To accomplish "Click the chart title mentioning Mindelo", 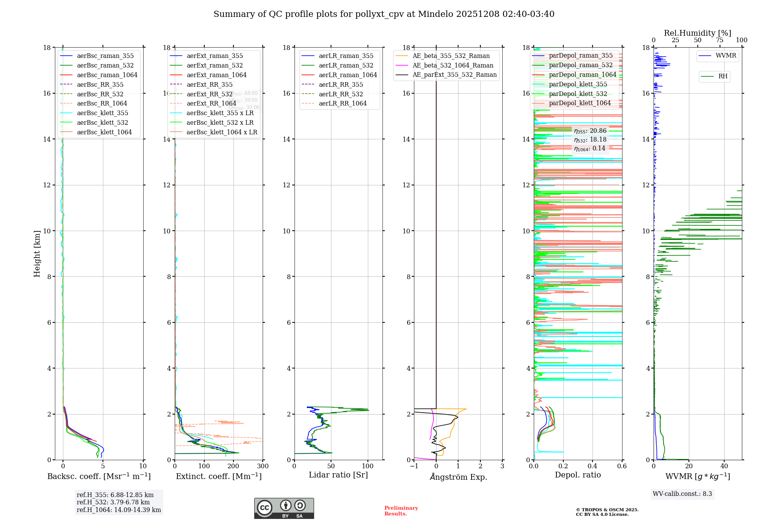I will click(384, 14).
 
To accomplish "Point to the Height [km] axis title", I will click(37, 253).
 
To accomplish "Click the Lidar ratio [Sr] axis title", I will click(338, 475).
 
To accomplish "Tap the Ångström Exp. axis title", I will click(458, 477).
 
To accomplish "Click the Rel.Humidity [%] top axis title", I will click(697, 33).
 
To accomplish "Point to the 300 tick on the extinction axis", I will click(263, 466).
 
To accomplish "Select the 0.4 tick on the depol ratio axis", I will click(593, 466).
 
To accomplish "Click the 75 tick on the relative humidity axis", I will click(720, 40).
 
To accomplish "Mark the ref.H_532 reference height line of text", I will click(113, 502).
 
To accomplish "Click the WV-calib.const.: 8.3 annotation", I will click(682, 494).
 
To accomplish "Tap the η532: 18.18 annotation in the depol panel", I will click(590, 140).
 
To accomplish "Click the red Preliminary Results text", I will click(401, 511).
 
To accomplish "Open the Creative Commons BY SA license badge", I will click(284, 508).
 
